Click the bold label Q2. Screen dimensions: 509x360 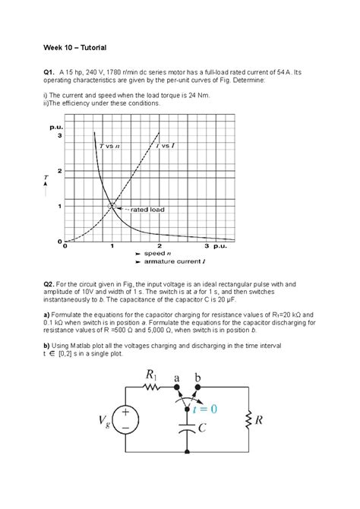pyautogui.click(x=50, y=283)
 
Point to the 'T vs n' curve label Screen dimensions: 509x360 pyautogui.click(x=110, y=144)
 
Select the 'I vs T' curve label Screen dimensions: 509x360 pyautogui.click(x=165, y=144)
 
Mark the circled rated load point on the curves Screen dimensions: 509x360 pyautogui.click(x=112, y=204)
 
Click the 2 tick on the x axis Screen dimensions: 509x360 pyautogui.click(x=159, y=247)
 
